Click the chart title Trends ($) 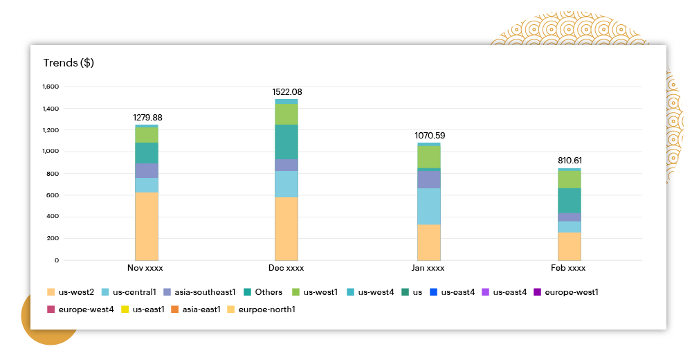(x=69, y=63)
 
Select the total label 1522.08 (x=288, y=92)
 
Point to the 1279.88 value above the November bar (x=147, y=118)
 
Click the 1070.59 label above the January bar (x=430, y=136)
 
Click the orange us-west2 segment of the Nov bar (x=146, y=226)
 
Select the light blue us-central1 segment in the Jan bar (x=429, y=206)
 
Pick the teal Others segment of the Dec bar (x=286, y=141)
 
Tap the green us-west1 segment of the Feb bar (x=570, y=179)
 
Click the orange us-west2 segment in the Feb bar (x=570, y=246)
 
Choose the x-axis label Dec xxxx (x=286, y=268)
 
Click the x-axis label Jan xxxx (x=429, y=268)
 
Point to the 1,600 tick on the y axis (x=51, y=87)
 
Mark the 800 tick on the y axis (x=53, y=173)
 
